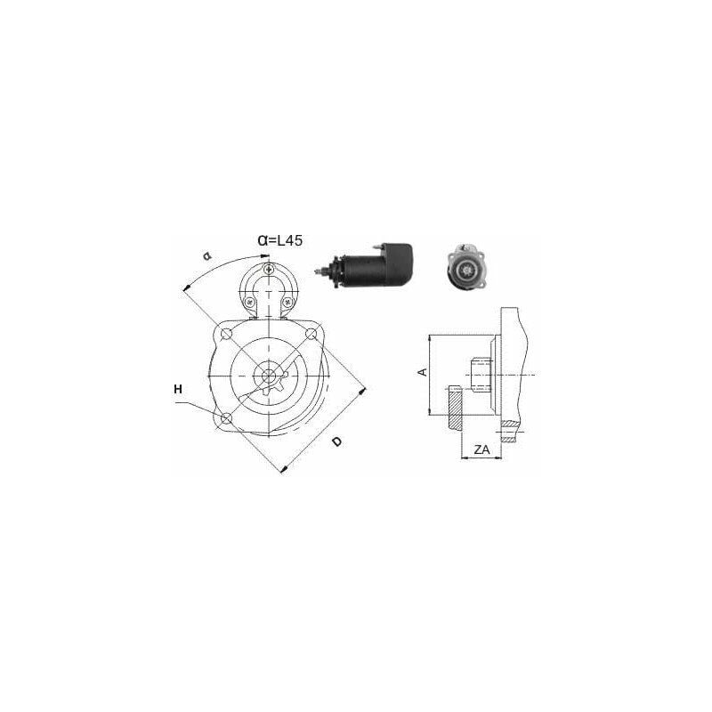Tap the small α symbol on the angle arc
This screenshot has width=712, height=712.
(x=207, y=255)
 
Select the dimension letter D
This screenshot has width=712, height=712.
(x=337, y=442)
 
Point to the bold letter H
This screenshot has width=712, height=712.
(x=178, y=389)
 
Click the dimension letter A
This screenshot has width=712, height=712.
(x=423, y=372)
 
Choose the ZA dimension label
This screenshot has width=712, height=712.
(x=481, y=450)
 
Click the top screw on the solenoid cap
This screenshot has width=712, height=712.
(x=270, y=270)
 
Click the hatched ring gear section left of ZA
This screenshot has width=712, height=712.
(x=456, y=409)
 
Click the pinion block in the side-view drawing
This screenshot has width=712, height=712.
(x=481, y=375)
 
